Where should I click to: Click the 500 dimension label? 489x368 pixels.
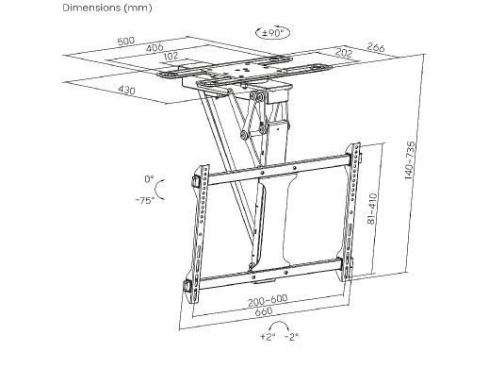click(126, 42)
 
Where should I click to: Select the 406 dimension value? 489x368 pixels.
click(155, 48)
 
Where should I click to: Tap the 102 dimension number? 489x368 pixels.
click(171, 57)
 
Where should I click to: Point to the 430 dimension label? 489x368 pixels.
click(126, 90)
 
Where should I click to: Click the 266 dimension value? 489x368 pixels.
click(376, 47)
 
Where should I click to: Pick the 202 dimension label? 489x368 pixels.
click(344, 52)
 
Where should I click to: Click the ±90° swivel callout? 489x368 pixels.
click(273, 32)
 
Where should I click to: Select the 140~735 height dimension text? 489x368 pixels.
click(410, 160)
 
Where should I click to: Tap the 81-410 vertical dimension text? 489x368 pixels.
click(372, 209)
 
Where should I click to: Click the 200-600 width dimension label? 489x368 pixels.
click(268, 301)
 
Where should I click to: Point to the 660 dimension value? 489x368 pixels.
click(264, 311)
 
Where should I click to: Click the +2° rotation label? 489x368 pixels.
click(268, 337)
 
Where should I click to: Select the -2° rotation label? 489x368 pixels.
click(291, 337)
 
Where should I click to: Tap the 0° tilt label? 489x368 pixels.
click(149, 179)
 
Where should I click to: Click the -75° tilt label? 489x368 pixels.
click(145, 200)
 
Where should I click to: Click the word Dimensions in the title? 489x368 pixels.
click(91, 8)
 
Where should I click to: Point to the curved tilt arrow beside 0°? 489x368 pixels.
click(156, 190)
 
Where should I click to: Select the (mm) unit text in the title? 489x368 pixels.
click(139, 8)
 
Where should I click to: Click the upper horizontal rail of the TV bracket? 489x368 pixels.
click(279, 169)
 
